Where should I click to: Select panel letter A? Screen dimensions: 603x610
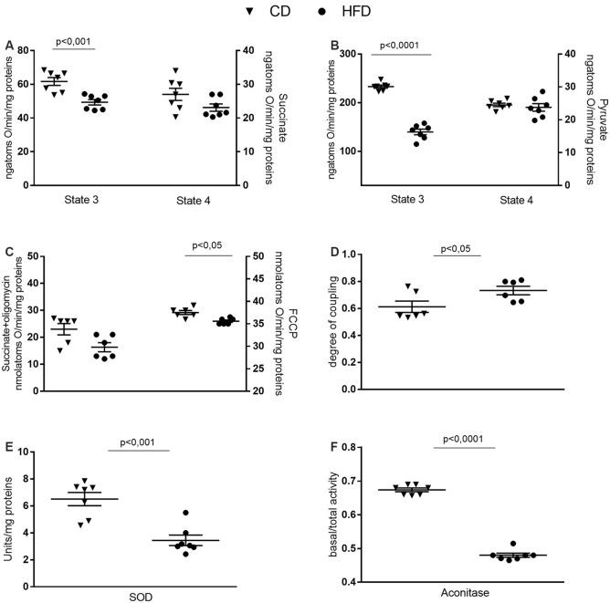click(x=8, y=45)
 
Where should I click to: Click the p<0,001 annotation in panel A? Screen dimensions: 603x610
click(x=77, y=40)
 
